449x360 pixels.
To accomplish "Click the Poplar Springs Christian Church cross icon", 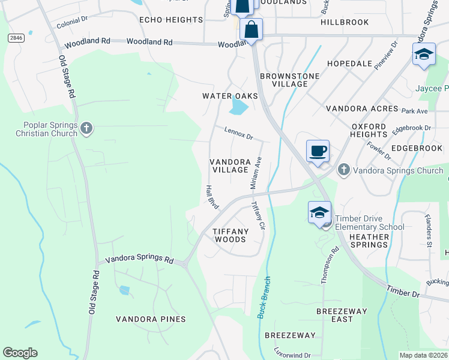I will click(86, 127).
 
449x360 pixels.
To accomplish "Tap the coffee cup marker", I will click(318, 151).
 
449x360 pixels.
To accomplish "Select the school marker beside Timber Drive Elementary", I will click(319, 212).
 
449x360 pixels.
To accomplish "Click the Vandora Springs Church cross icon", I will click(343, 170).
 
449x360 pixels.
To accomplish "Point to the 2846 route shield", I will click(16, 37).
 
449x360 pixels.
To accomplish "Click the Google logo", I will click(20, 353).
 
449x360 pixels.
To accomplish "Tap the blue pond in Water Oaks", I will click(238, 107).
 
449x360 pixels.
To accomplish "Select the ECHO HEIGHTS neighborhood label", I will click(170, 20).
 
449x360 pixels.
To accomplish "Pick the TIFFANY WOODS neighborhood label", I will click(230, 235).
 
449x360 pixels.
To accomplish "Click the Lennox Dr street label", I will click(239, 133).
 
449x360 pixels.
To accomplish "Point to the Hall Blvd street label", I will click(212, 197).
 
